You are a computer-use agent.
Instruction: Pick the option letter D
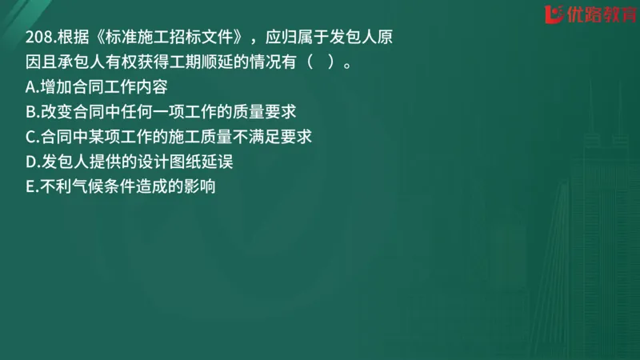point(31,162)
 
